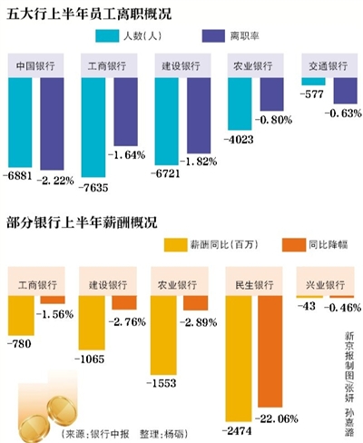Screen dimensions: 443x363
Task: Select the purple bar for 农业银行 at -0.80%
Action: coord(270,95)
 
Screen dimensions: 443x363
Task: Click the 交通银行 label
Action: coord(328,68)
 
